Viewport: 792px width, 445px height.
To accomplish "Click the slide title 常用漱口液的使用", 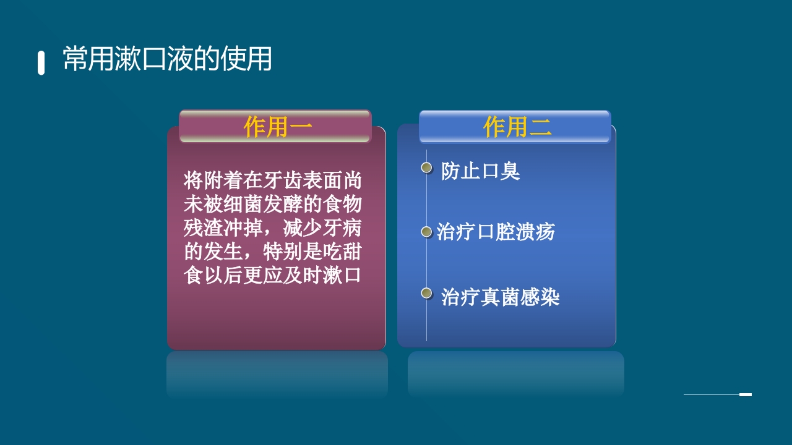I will pyautogui.click(x=167, y=59).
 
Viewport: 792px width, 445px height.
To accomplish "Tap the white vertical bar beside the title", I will pyautogui.click(x=41, y=63).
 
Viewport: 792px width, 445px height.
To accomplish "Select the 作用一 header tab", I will pyautogui.click(x=275, y=127).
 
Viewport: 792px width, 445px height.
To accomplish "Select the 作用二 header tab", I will pyautogui.click(x=515, y=127).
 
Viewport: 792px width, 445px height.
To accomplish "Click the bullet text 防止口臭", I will pyautogui.click(x=480, y=171).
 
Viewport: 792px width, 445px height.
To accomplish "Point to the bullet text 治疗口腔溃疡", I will pyautogui.click(x=496, y=232).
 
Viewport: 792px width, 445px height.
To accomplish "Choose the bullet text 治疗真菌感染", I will pyautogui.click(x=500, y=297).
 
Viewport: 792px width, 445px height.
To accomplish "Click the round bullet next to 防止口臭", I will pyautogui.click(x=426, y=167).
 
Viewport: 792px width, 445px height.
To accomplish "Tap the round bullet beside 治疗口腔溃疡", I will pyautogui.click(x=426, y=232).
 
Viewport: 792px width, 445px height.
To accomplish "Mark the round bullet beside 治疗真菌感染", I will pyautogui.click(x=426, y=293).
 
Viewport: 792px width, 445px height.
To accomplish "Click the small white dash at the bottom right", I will pyautogui.click(x=746, y=394).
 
